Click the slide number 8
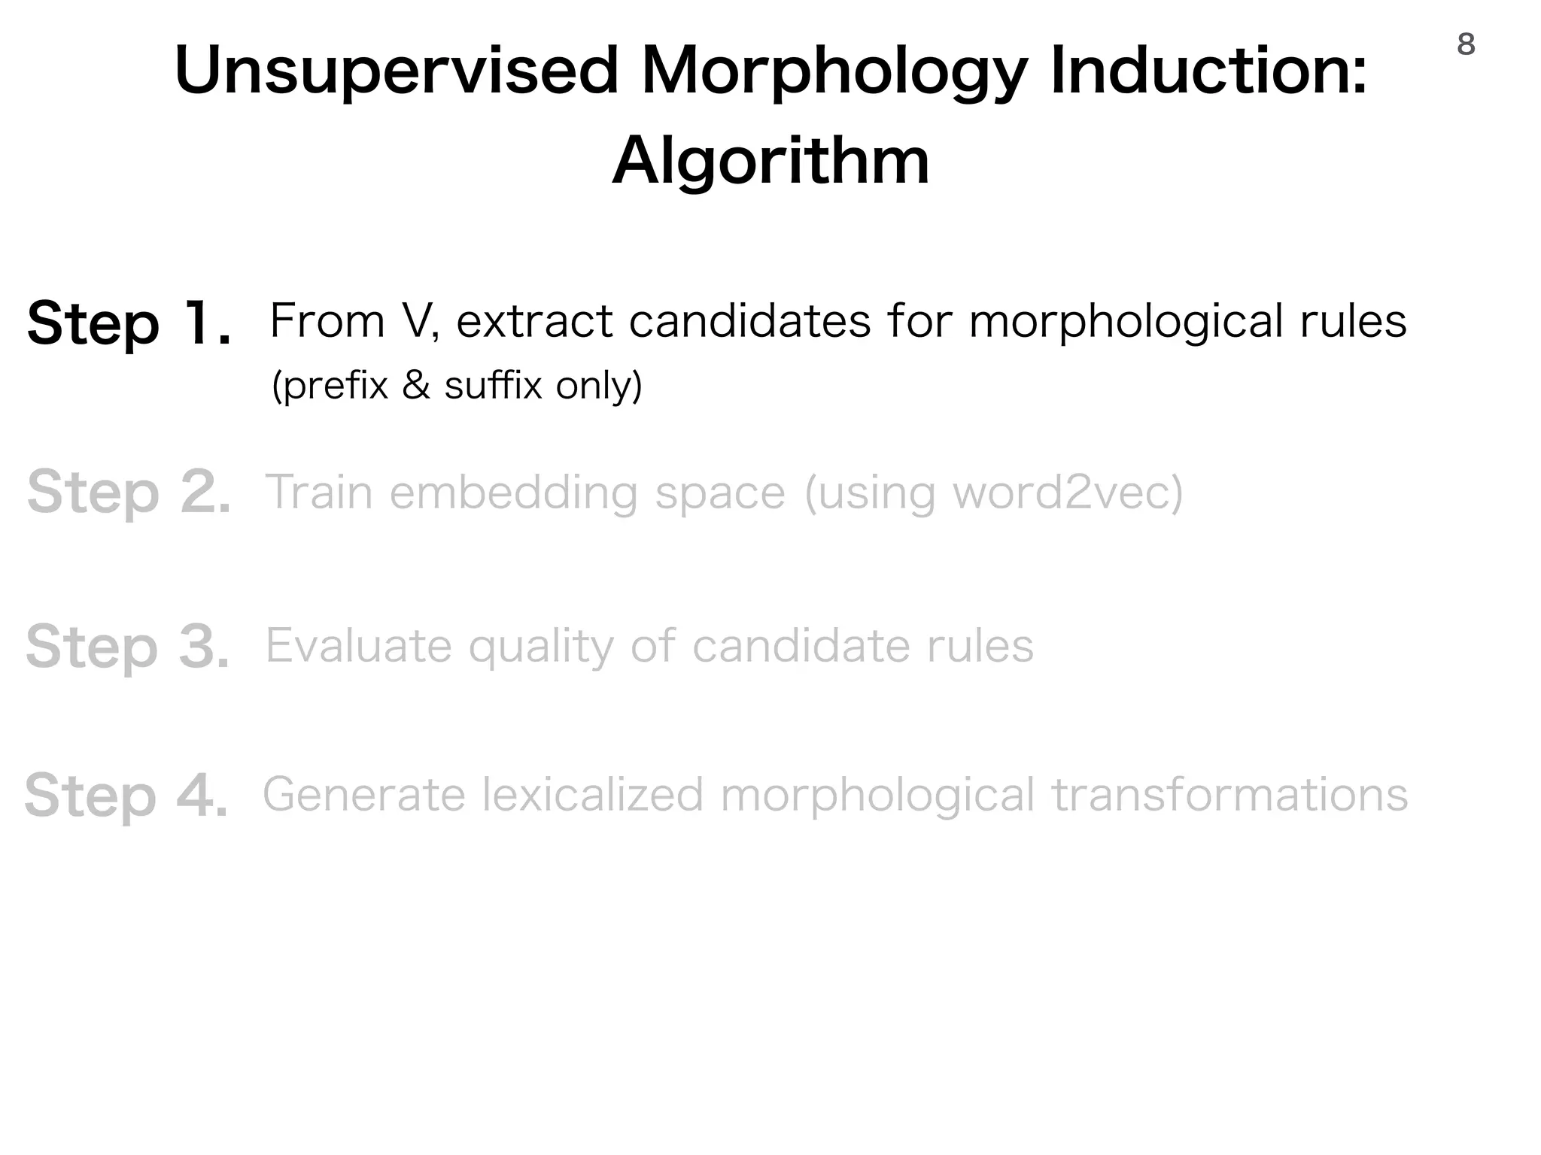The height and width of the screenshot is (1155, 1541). pos(1466,45)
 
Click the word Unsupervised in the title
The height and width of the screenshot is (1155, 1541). pos(396,72)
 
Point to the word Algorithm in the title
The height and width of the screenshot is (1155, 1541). pos(770,162)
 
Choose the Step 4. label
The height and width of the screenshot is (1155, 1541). pos(126,796)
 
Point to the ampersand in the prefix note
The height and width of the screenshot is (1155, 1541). pos(416,386)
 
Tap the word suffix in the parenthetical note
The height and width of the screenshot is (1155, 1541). pos(493,386)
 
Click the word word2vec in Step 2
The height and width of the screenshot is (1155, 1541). pos(1067,493)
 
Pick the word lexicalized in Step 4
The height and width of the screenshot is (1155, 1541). pos(592,796)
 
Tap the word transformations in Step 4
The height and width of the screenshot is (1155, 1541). pos(1229,796)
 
